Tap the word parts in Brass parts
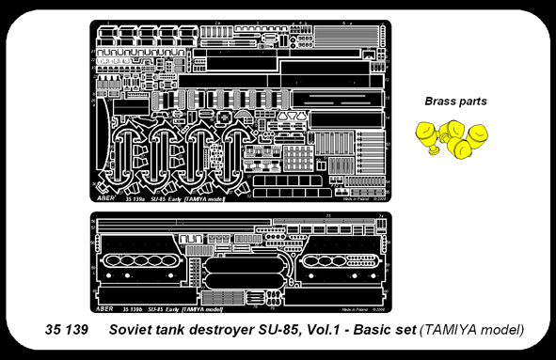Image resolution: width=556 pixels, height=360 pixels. click(470, 102)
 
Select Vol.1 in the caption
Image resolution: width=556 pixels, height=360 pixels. click(327, 330)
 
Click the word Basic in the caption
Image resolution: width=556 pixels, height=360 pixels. click(373, 330)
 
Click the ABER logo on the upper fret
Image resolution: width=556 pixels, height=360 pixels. click(103, 198)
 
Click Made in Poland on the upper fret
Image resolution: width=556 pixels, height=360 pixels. click(354, 199)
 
